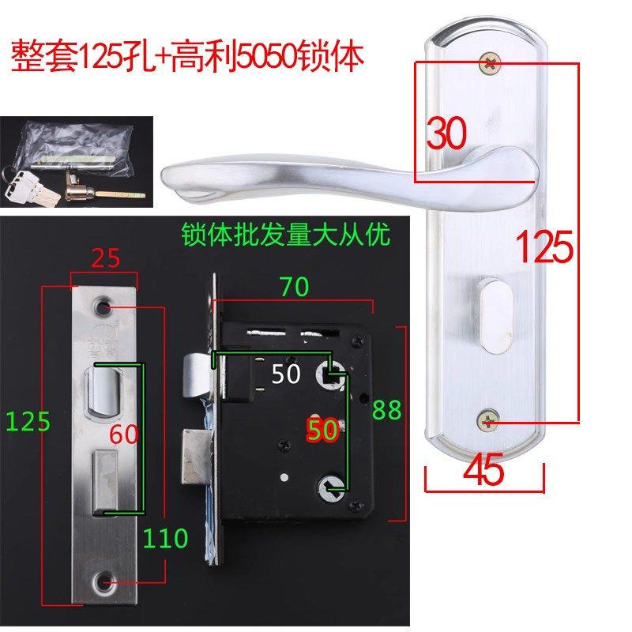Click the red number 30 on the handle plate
tap(447, 134)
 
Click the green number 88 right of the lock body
tap(387, 409)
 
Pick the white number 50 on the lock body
tap(286, 374)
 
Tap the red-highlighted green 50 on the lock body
tap(323, 431)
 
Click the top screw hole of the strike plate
tap(103, 306)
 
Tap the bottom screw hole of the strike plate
tap(103, 584)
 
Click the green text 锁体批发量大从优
tap(286, 235)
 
